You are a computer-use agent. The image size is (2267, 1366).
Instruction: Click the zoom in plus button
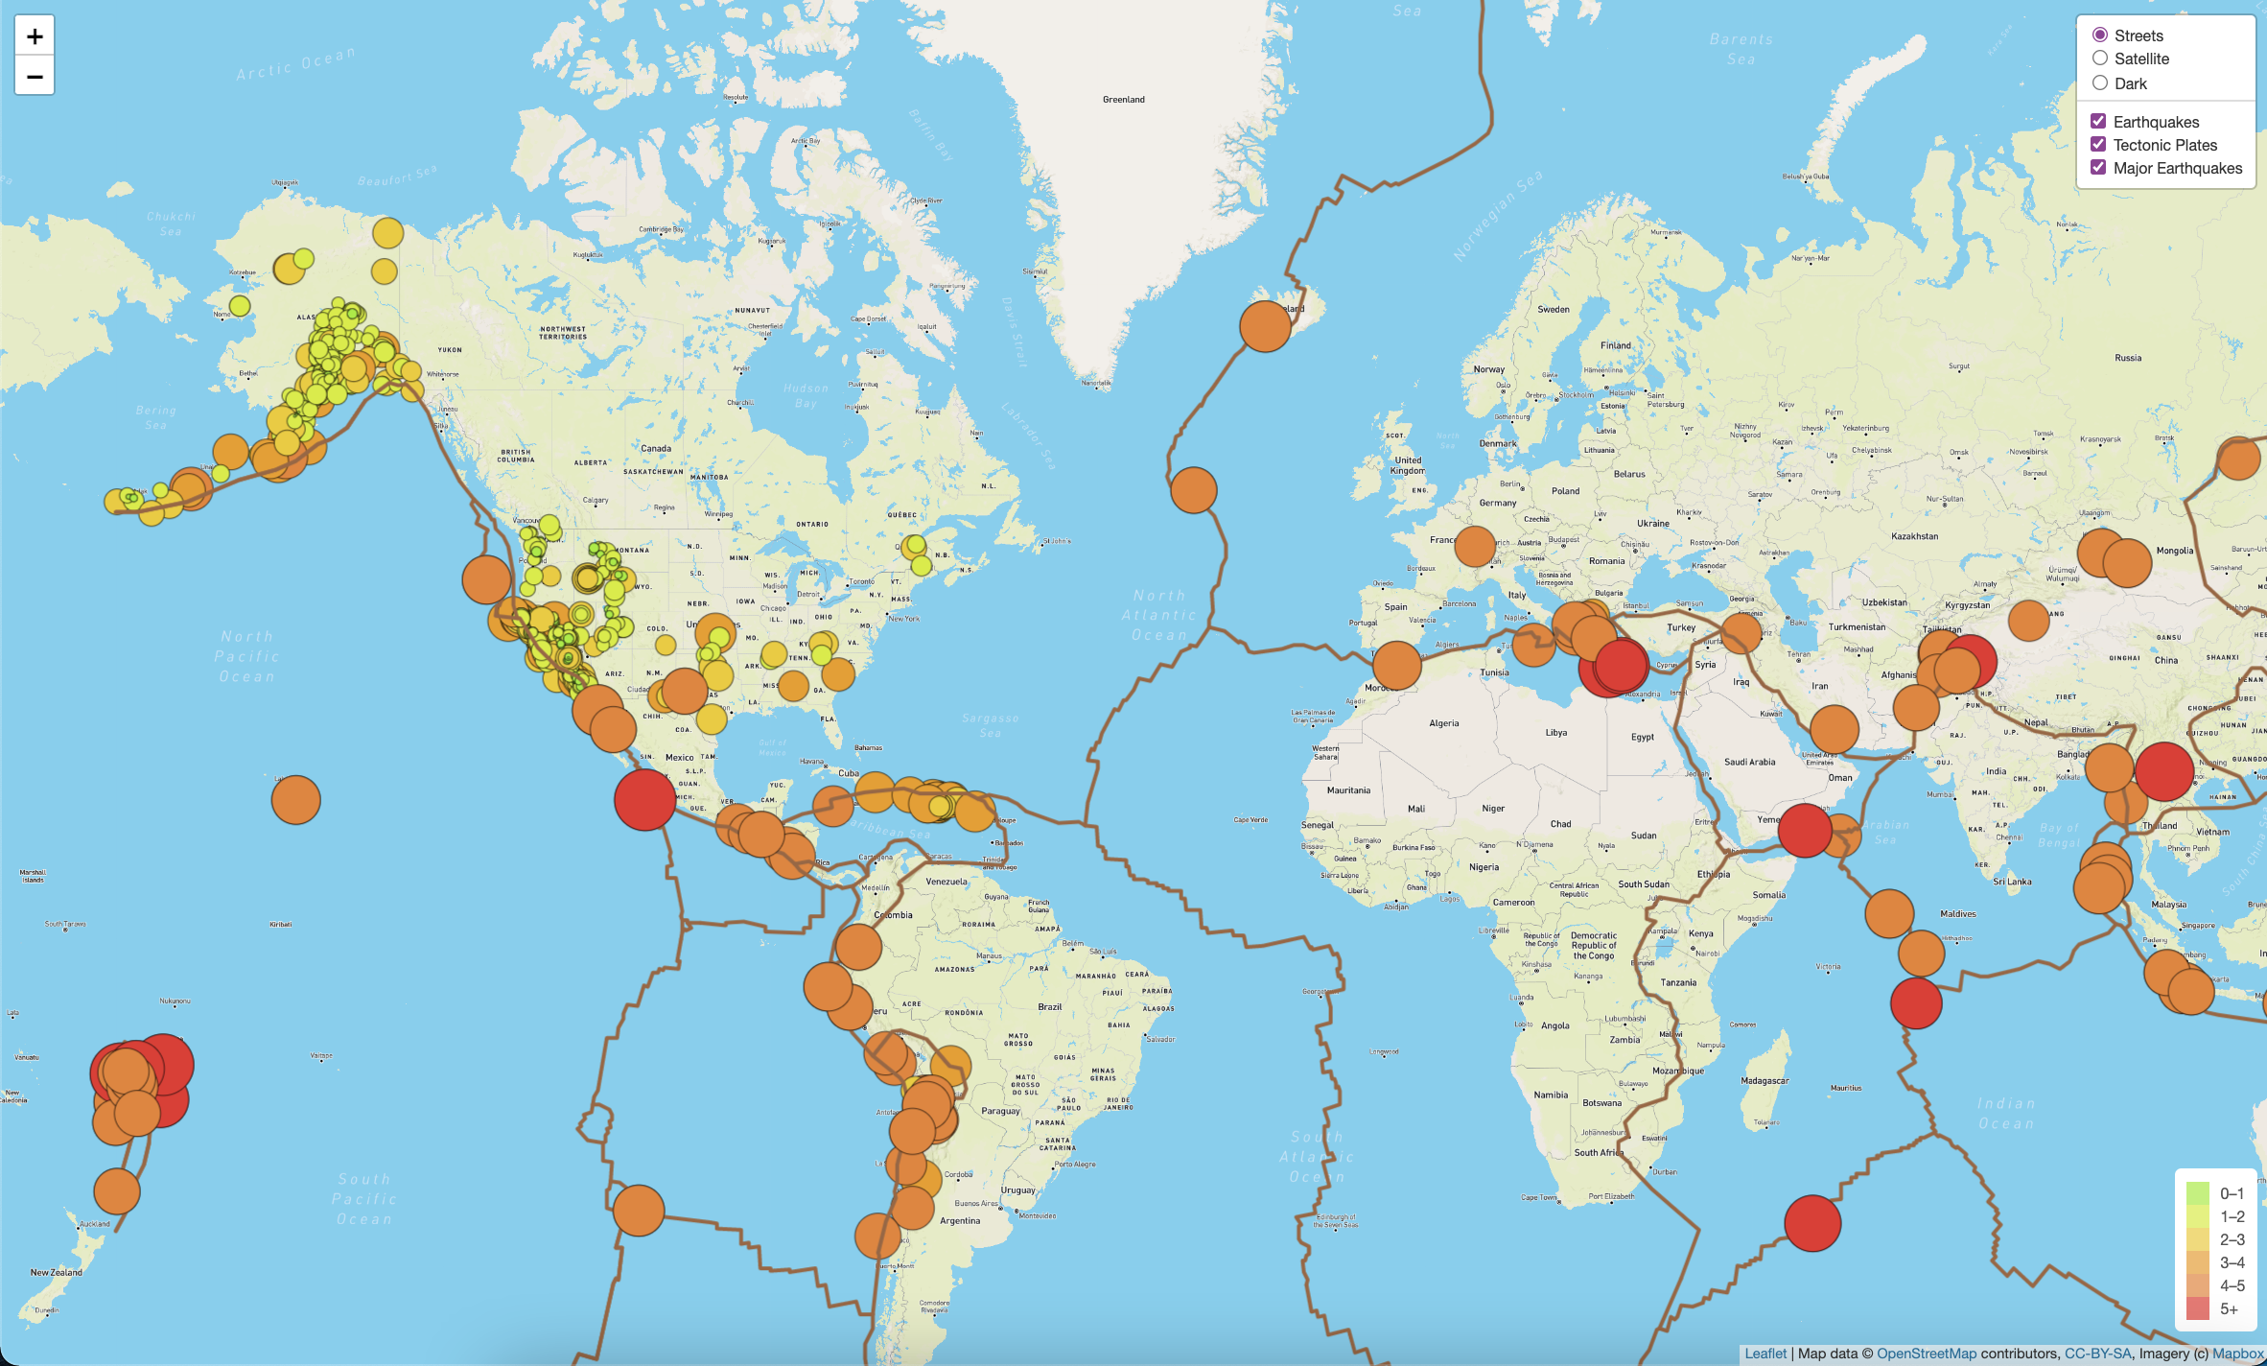click(35, 36)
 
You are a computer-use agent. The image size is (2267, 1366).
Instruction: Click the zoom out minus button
click(35, 76)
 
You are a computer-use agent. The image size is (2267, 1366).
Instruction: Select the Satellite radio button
click(2100, 59)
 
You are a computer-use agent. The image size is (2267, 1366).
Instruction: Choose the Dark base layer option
click(2100, 83)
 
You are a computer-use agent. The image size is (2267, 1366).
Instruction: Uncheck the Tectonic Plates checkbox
click(2098, 145)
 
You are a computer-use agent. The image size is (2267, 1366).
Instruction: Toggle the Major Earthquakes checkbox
click(2098, 168)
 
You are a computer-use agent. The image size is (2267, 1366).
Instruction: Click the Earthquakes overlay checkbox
click(2098, 122)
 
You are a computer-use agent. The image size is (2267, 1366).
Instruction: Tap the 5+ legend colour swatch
click(2198, 1308)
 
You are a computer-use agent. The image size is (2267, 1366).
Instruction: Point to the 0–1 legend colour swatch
click(2198, 1193)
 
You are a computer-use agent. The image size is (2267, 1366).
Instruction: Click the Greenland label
click(1124, 100)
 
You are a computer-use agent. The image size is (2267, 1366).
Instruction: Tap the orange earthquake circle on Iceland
click(1265, 326)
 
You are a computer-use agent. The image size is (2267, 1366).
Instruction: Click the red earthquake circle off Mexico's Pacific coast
click(644, 799)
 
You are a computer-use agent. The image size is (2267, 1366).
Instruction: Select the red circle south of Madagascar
click(1812, 1223)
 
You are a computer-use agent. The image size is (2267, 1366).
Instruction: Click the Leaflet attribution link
click(1765, 1354)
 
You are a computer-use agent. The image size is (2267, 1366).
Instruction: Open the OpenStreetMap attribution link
click(1926, 1354)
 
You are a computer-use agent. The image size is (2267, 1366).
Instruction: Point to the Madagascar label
click(1765, 1081)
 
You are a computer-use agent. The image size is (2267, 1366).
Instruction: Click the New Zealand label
click(57, 1273)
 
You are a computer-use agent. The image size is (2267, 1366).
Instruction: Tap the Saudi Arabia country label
click(1749, 762)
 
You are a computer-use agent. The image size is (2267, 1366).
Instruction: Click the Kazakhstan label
click(1914, 536)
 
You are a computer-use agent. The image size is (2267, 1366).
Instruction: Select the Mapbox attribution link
click(2237, 1354)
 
